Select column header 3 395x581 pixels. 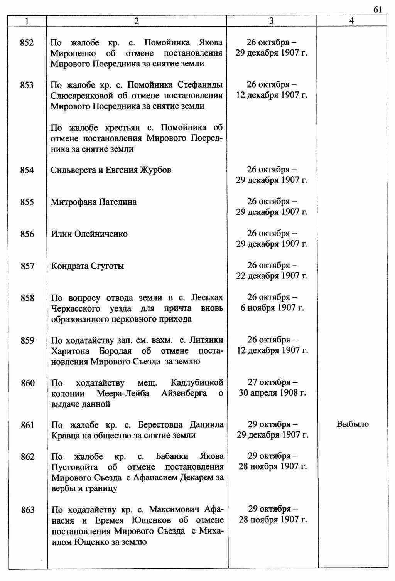point(272,21)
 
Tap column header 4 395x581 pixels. point(351,21)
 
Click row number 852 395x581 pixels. point(27,42)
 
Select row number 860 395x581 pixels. point(27,383)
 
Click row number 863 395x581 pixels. point(27,510)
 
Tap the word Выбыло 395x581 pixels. point(353,424)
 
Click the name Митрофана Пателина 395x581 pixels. point(94,202)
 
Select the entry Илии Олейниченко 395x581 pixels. point(89,234)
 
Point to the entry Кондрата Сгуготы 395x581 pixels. point(88,266)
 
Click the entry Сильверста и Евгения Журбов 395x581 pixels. point(111,170)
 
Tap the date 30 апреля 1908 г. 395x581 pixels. point(272,393)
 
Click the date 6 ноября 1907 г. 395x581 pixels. point(272,308)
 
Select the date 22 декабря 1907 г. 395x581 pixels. point(272,276)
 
